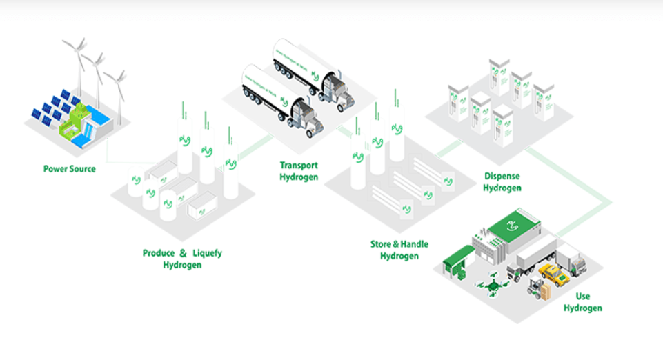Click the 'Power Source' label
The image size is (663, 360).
pos(70,168)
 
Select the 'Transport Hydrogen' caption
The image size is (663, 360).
pos(299,170)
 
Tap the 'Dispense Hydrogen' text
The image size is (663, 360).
pos(502,181)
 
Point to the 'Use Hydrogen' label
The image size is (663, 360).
pos(582,302)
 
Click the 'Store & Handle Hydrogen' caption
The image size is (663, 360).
pos(399,250)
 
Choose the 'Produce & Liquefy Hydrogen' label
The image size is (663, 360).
pos(182,259)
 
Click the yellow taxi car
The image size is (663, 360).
pos(553,274)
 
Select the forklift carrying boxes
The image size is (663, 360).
pos(538,288)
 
